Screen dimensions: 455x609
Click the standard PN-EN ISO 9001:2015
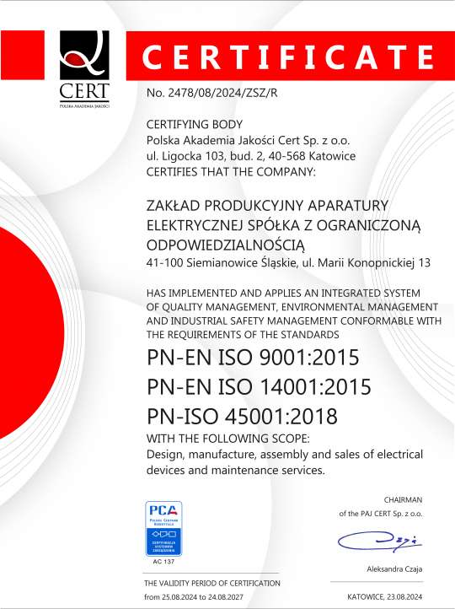pos(253,358)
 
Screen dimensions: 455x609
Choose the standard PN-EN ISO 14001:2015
pos(259,387)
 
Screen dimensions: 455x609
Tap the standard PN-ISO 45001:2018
pos(242,416)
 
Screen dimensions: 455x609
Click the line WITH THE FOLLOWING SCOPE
pos(227,439)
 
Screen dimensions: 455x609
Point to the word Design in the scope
pos(167,455)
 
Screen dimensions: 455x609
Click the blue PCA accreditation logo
pos(164,527)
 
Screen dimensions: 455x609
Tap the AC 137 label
pos(165,560)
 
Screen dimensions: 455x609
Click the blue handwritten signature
pos(374,541)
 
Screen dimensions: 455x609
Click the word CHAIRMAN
pos(403,500)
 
